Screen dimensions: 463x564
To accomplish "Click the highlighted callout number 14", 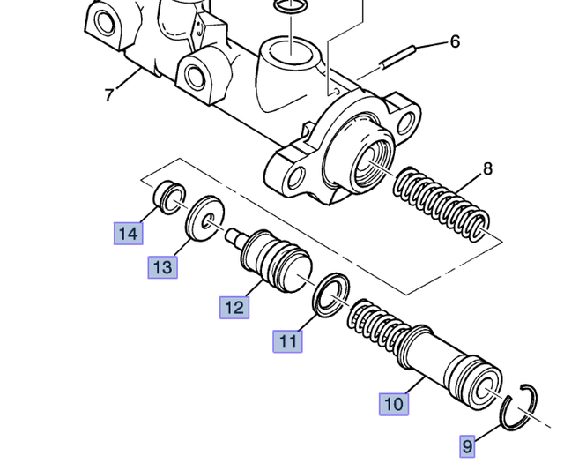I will [x=128, y=234].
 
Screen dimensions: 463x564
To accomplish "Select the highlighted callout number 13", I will [x=162, y=266].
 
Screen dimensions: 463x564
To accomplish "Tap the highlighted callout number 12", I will [x=234, y=307].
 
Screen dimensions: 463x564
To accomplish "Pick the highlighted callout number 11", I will [x=287, y=340].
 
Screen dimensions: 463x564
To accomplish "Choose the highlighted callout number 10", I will [x=394, y=404].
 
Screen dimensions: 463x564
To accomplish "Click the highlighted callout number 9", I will [x=468, y=446].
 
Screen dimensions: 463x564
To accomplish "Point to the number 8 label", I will [x=487, y=168].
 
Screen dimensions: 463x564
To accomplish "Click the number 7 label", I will [x=108, y=93].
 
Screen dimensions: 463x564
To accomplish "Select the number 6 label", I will [x=455, y=41].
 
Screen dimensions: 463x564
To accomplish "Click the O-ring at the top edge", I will [x=289, y=6].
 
